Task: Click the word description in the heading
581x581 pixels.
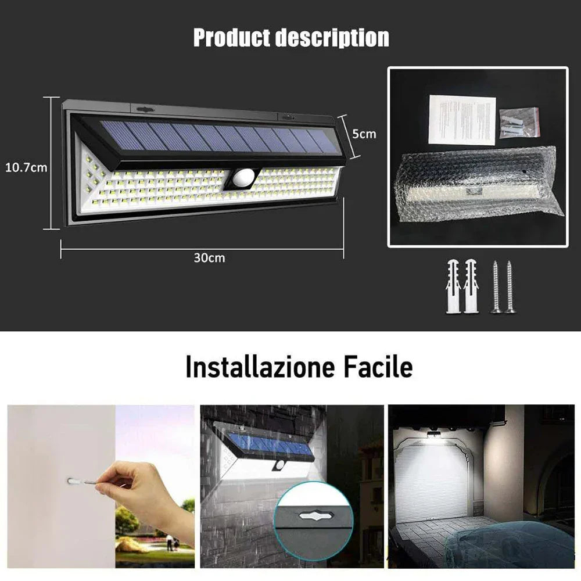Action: click(x=332, y=38)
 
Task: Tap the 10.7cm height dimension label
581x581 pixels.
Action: click(x=26, y=168)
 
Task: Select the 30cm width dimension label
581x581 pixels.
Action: click(x=209, y=257)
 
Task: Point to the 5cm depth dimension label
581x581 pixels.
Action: click(x=365, y=134)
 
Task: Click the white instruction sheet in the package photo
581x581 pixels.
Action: click(x=462, y=120)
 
